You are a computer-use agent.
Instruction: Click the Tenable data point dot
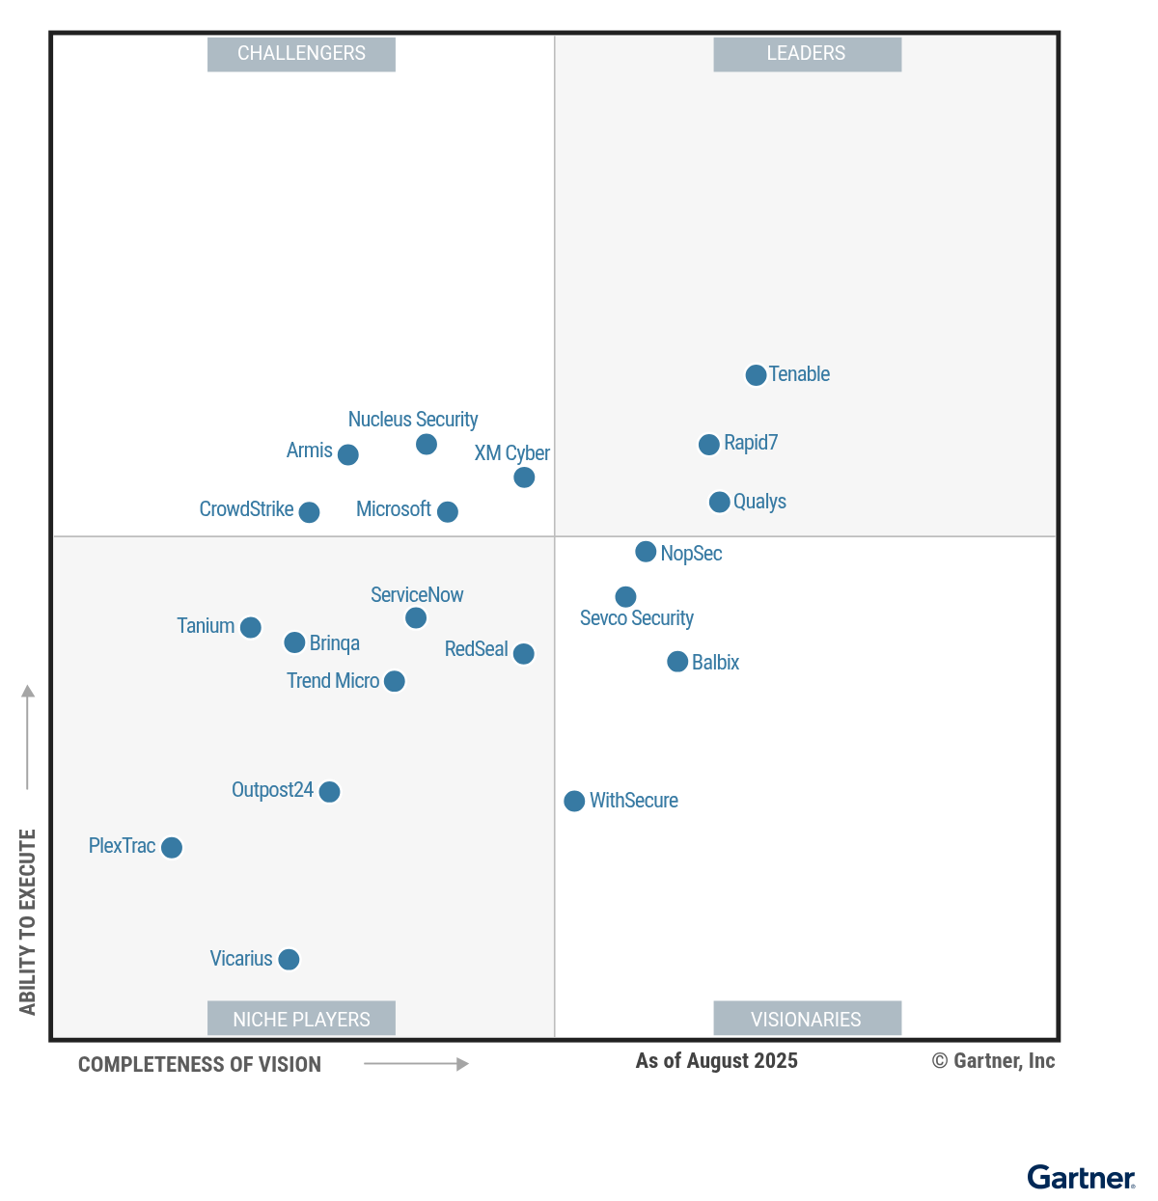click(756, 375)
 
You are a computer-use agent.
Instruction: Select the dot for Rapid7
click(708, 445)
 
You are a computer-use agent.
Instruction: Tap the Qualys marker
click(719, 502)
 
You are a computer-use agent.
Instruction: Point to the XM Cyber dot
click(524, 478)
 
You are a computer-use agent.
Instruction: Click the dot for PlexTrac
click(172, 847)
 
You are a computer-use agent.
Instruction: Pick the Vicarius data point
click(289, 959)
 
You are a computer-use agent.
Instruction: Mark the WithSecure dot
click(574, 801)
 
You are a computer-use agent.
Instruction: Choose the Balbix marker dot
click(677, 662)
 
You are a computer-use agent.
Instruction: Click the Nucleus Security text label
click(413, 420)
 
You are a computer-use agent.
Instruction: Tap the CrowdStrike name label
click(246, 509)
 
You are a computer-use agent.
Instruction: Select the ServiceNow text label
click(417, 595)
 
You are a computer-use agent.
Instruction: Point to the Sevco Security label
click(637, 618)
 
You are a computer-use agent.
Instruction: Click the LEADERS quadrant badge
click(807, 54)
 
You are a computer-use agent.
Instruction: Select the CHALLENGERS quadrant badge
click(301, 54)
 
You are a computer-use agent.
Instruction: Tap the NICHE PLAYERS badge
click(301, 1019)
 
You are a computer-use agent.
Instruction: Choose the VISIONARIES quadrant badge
click(807, 1019)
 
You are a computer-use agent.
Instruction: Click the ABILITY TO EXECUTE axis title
click(28, 921)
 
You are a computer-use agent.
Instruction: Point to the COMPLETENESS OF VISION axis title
click(200, 1065)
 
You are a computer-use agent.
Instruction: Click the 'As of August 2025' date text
click(716, 1061)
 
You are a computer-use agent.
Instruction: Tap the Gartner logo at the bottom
click(1081, 1178)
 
